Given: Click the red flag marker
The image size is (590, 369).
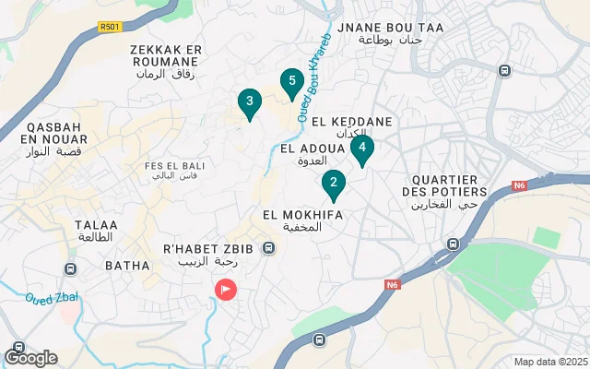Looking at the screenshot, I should click(x=225, y=289).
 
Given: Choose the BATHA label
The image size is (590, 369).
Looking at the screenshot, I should click(x=127, y=266).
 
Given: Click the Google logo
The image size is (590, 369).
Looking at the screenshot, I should click(x=30, y=357).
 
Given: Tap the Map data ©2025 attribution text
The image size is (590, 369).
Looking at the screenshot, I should click(x=549, y=362).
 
